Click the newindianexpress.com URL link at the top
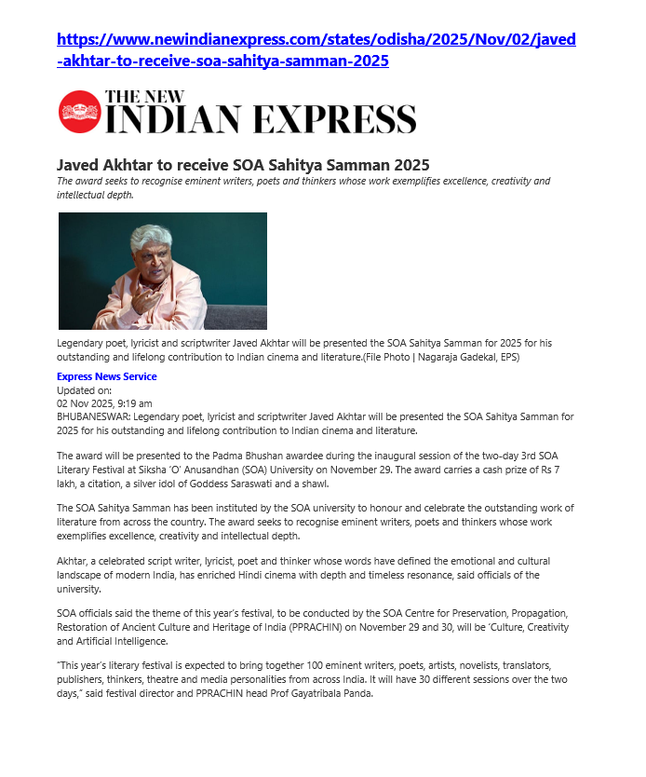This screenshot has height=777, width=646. click(316, 50)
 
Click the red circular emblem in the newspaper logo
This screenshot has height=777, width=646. click(78, 112)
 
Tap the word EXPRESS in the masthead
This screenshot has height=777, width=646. click(340, 119)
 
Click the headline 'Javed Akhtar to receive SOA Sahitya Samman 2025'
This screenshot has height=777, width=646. click(243, 165)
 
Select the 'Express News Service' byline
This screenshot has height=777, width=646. click(107, 376)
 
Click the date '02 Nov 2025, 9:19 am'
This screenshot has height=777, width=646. click(104, 403)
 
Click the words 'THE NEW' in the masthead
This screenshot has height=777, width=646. click(145, 95)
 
